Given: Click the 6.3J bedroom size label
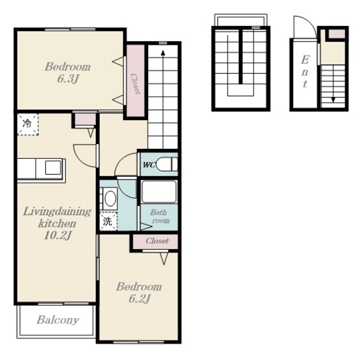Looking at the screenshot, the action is [68, 79].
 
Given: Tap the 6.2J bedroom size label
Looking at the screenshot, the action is [139, 299].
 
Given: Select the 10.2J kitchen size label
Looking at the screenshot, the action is [58, 235].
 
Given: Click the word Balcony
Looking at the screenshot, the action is [58, 320].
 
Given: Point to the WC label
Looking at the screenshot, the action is [149, 165].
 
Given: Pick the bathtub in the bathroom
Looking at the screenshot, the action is [159, 192].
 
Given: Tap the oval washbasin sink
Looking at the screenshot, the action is [110, 198].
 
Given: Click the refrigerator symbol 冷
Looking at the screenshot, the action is [28, 124].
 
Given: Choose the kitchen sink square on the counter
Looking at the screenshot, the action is [53, 167].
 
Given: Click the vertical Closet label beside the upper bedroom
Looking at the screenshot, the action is [135, 84].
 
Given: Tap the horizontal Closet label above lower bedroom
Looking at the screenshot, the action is [157, 241].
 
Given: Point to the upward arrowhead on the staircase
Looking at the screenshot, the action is [163, 53].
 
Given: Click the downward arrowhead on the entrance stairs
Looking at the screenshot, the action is [333, 100].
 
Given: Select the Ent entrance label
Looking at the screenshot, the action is [305, 72].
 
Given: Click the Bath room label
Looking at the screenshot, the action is [160, 216].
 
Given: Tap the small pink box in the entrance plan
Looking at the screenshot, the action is [337, 34].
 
